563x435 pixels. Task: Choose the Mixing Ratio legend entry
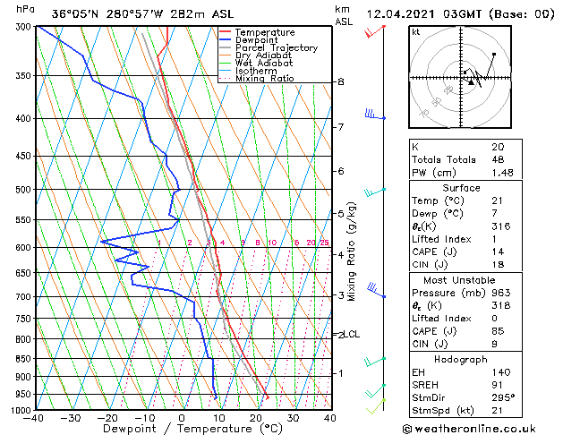(x=265, y=79)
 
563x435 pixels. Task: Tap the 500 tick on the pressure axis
(x=22, y=190)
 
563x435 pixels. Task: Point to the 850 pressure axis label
(x=22, y=359)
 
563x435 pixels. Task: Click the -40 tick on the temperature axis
(x=35, y=418)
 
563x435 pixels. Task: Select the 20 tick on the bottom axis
(x=255, y=418)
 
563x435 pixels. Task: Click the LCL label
(x=352, y=335)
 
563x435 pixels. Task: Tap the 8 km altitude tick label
(x=340, y=81)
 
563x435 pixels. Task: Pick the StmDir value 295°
(x=502, y=397)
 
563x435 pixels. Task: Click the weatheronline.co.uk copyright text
(x=480, y=427)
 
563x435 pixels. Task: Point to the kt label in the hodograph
(x=416, y=31)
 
